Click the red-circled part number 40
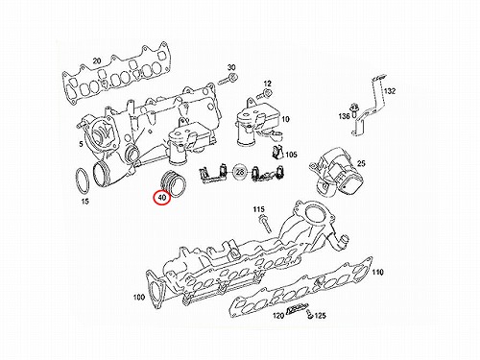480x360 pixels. [x=162, y=198]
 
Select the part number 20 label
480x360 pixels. [x=97, y=60]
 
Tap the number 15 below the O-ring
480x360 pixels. [x=84, y=202]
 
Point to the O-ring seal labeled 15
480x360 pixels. [x=83, y=180]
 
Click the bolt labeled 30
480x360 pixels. [x=228, y=79]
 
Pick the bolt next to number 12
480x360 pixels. [x=265, y=93]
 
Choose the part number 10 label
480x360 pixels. [x=285, y=119]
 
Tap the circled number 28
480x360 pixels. [x=240, y=172]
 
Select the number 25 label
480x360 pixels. [x=361, y=163]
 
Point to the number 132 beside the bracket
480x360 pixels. [x=390, y=91]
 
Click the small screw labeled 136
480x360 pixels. [x=354, y=109]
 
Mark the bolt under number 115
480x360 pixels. [x=265, y=224]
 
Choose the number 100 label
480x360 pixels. [x=139, y=298]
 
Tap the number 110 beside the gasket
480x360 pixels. [x=378, y=273]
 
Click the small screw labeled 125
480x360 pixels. [x=309, y=314]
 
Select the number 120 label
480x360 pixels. [x=278, y=316]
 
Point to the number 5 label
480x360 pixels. [x=81, y=144]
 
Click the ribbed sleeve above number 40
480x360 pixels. [x=174, y=184]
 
